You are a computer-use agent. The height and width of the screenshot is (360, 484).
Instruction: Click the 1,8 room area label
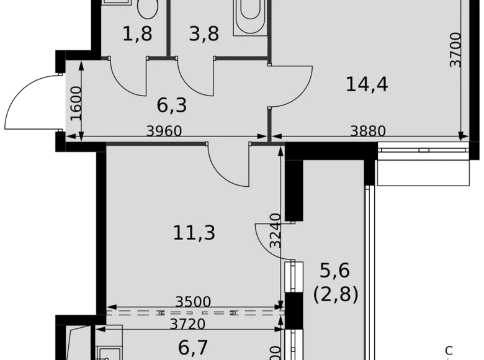[x=138, y=35]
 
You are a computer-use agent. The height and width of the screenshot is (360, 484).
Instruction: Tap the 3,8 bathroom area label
[x=204, y=35]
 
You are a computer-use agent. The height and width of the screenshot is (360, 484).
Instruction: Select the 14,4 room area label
[x=366, y=83]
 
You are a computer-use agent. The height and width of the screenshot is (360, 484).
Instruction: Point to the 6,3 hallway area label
[x=171, y=106]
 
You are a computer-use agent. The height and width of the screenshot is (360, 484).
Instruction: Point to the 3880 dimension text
[x=368, y=131]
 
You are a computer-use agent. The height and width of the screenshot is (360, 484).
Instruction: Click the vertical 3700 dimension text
[x=457, y=50]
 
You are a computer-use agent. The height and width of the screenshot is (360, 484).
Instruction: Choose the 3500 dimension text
[x=194, y=302]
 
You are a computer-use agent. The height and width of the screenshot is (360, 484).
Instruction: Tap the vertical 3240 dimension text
[x=276, y=230]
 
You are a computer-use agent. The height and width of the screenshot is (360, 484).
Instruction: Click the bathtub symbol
[x=250, y=17]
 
